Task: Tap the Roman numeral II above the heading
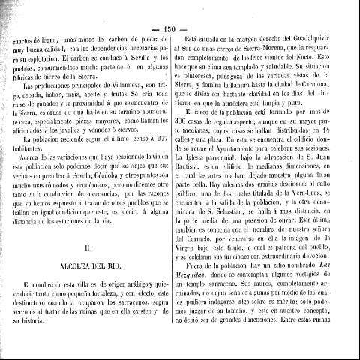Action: click(x=89, y=244)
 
